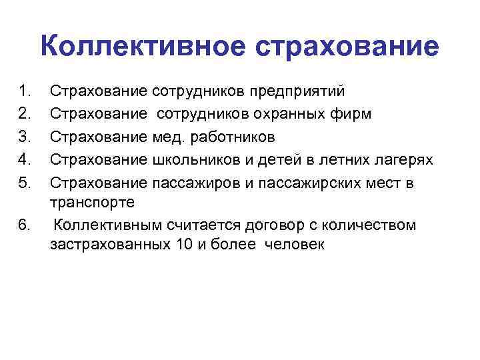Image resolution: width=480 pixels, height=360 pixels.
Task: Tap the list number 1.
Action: pyautogui.click(x=25, y=90)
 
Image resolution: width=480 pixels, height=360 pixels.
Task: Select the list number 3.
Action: pyautogui.click(x=25, y=137)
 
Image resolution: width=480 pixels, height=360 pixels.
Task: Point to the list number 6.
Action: pyautogui.click(x=25, y=225)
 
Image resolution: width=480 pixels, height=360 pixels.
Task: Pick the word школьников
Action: pyautogui.click(x=189, y=160)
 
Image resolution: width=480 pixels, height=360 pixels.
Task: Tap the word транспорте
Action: pyautogui.click(x=92, y=202)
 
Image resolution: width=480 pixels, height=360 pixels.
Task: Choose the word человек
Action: pyautogui.click(x=294, y=244)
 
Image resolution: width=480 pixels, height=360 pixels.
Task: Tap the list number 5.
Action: pyautogui.click(x=25, y=183)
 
